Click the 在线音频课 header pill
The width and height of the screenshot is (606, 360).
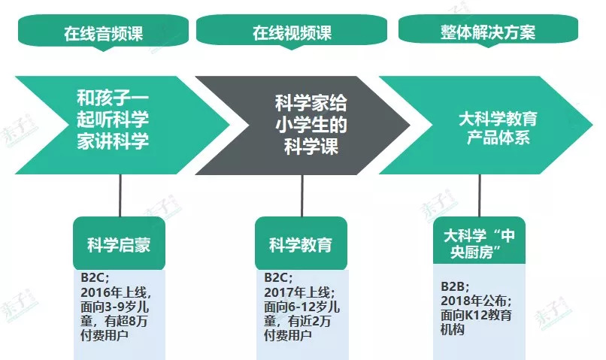pyautogui.click(x=103, y=32)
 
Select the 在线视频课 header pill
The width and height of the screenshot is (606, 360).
pyautogui.click(x=292, y=32)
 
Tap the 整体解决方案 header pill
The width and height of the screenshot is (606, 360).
pyautogui.click(x=488, y=31)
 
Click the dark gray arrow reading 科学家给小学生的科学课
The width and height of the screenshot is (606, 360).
pyautogui.click(x=302, y=126)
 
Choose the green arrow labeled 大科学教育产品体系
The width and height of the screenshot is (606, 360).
pyautogui.click(x=486, y=125)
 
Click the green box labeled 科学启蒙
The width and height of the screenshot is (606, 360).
pyautogui.click(x=119, y=243)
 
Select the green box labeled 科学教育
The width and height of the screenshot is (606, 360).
pyautogui.click(x=301, y=243)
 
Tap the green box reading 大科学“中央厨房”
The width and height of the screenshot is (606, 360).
pyautogui.click(x=479, y=241)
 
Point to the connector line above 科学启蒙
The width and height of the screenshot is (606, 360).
pyautogui.click(x=120, y=195)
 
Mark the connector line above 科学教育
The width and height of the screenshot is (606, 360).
pyautogui.click(x=302, y=195)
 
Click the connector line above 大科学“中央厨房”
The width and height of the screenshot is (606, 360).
pyautogui.click(x=480, y=195)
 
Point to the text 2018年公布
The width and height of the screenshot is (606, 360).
pyautogui.click(x=474, y=301)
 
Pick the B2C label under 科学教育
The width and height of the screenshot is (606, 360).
pyautogui.click(x=276, y=277)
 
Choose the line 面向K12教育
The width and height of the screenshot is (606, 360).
pyautogui.click(x=477, y=315)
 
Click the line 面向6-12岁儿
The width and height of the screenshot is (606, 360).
pyautogui.click(x=301, y=307)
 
